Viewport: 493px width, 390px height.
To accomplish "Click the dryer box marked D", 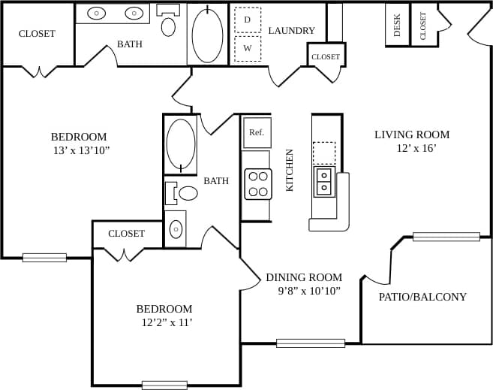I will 248,20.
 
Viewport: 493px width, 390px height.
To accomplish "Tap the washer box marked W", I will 248,49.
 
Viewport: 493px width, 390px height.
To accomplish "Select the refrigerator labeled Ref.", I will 257,132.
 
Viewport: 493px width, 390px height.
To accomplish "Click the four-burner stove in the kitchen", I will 257,184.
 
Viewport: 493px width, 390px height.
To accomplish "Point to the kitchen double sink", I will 324,182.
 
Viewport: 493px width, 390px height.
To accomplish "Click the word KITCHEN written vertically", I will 290,170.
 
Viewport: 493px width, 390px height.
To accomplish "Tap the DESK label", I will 397,25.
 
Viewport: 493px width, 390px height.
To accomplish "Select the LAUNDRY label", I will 292,31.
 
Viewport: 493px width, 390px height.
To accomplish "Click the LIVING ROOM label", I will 412,135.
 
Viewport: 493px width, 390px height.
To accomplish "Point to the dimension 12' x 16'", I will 416,149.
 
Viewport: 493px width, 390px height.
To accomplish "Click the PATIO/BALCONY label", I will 422,297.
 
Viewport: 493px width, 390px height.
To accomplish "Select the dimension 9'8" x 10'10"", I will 303,291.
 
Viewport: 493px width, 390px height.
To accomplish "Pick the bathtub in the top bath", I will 207,34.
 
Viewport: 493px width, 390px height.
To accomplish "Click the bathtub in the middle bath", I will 180,144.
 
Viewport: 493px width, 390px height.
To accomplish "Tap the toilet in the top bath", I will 169,24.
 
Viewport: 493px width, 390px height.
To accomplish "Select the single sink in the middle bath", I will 176,229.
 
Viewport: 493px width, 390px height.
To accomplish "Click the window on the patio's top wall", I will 446,237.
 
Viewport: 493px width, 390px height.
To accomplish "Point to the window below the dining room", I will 310,343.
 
